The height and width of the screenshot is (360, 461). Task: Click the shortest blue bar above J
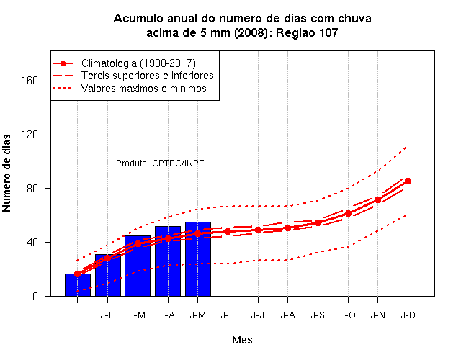[78, 285]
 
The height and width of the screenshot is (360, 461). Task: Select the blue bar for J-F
[108, 275]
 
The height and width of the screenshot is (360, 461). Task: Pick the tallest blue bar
[198, 259]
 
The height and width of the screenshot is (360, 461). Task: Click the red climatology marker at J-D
[408, 181]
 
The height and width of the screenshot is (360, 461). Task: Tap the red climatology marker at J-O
[348, 213]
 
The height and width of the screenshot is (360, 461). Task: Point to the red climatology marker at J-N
[377, 200]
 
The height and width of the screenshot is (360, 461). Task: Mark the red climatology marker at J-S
[318, 222]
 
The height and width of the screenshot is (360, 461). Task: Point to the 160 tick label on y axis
[30, 81]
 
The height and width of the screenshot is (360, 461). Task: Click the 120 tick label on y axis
[30, 135]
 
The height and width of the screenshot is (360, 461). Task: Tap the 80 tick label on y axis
[32, 189]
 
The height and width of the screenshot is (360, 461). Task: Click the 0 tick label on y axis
[35, 296]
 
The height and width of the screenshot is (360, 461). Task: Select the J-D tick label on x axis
[408, 315]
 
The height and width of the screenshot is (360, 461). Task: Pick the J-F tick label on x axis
[107, 315]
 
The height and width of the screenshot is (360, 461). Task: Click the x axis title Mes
[242, 340]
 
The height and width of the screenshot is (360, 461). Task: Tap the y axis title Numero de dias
[6, 173]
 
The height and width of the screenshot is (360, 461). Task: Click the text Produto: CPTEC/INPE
[160, 163]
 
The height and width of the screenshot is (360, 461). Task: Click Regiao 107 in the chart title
[307, 32]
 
